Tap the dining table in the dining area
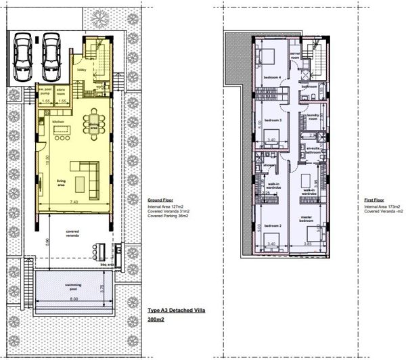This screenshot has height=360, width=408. [x=94, y=125]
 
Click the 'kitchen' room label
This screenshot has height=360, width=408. [x=58, y=122]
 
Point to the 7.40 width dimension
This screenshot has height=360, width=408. [x=73, y=202]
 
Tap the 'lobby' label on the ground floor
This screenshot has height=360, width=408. [x=81, y=69]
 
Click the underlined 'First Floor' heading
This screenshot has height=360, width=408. [x=374, y=201]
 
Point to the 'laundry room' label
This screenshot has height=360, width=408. [x=312, y=117]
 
